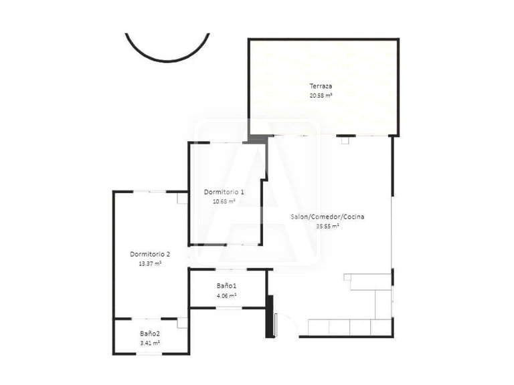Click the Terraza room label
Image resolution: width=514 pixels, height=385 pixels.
point(321,86)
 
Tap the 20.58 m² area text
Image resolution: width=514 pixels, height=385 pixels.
point(321,96)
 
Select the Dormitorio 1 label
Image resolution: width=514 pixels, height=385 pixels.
point(224,192)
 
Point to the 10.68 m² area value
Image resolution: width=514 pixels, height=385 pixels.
point(224,201)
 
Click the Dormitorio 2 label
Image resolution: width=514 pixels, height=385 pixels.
point(150,254)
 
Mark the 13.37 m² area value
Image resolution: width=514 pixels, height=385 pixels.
point(150,263)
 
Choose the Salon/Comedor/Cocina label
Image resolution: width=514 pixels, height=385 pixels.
point(327,217)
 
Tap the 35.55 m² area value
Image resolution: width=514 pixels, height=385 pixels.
point(327,226)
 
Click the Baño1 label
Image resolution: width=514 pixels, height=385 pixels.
point(226,285)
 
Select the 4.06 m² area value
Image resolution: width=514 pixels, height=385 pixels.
point(226,295)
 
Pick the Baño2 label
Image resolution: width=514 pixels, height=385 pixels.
point(150,333)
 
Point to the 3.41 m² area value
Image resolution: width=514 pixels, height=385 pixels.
point(150,343)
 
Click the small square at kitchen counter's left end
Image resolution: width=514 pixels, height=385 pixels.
point(347,276)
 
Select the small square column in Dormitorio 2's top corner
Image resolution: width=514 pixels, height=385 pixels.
point(181,198)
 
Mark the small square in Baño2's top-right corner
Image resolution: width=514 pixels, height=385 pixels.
point(183,324)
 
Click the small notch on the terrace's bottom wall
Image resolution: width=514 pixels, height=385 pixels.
point(345,140)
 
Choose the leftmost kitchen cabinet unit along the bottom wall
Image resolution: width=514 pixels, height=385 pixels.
point(319,327)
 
